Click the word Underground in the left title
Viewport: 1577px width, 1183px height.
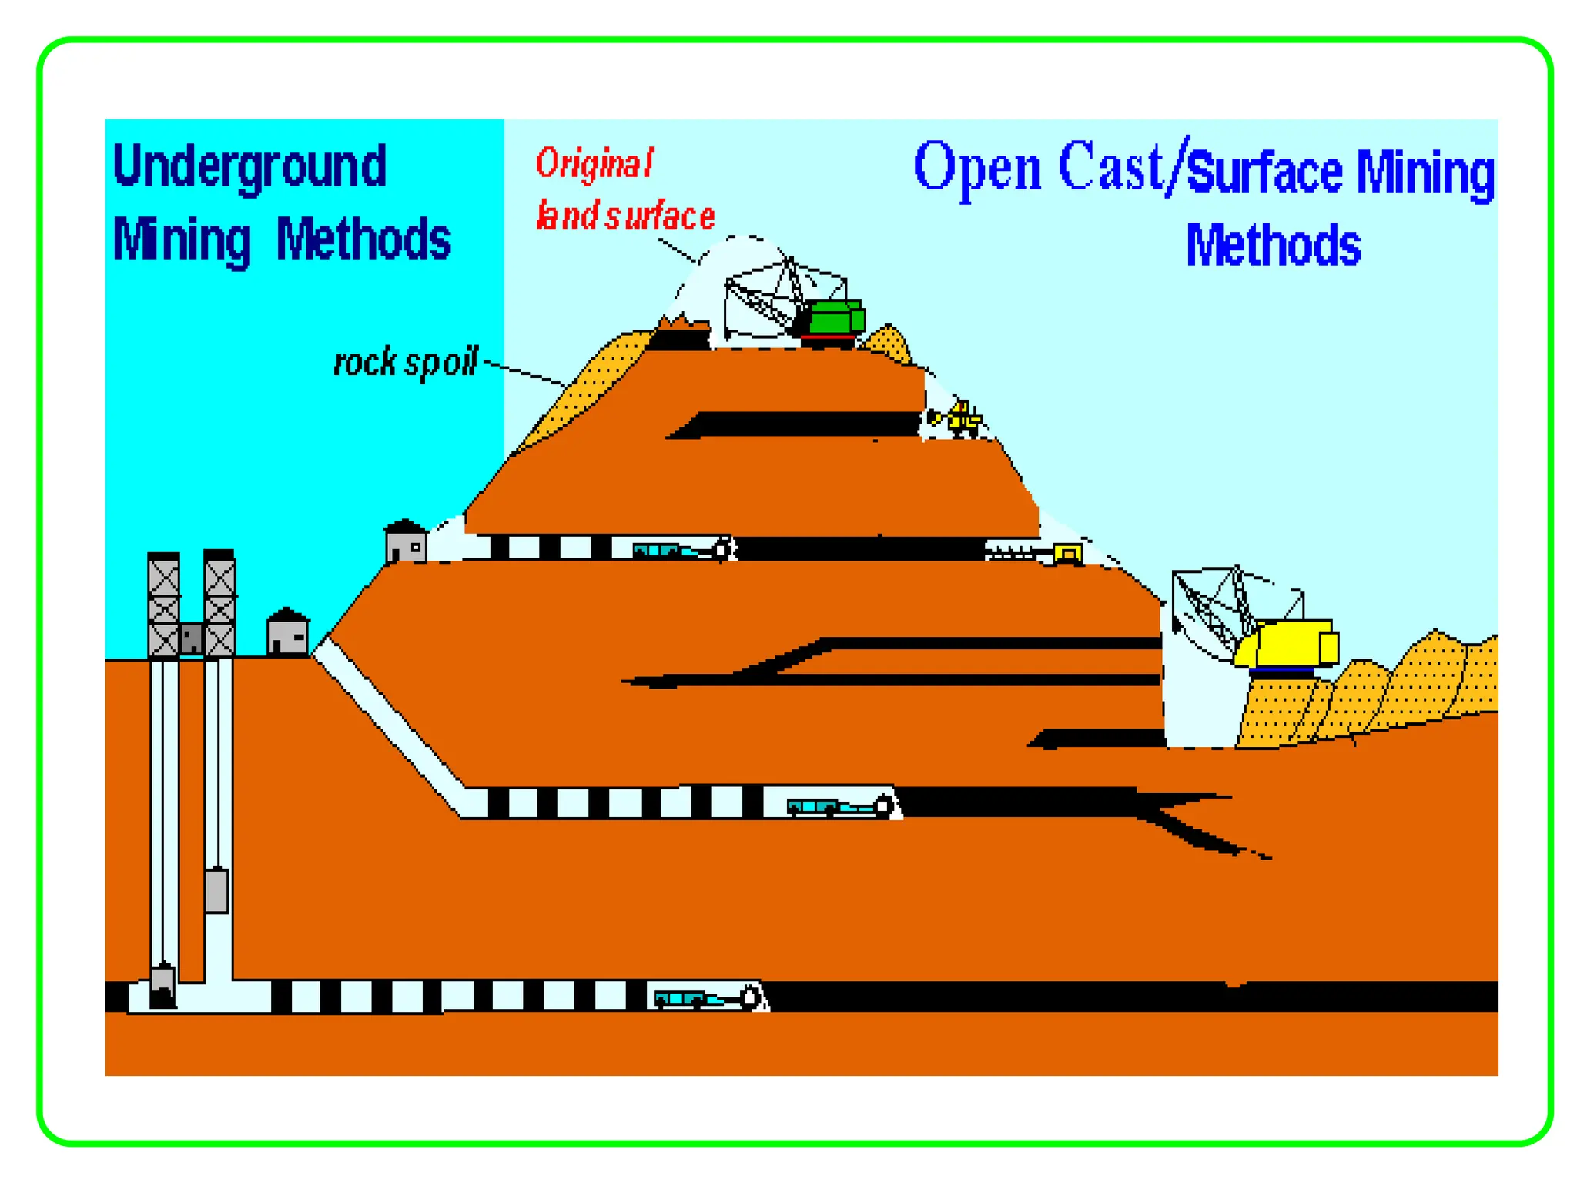pyautogui.click(x=249, y=167)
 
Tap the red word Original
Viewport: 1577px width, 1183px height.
pyautogui.click(x=594, y=163)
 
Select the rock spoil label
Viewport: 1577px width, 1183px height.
pyautogui.click(x=405, y=362)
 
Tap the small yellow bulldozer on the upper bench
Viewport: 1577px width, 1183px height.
pyautogui.click(x=962, y=418)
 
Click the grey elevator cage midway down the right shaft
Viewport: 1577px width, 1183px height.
pyautogui.click(x=216, y=890)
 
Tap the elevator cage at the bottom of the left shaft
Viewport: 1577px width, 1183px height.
pyautogui.click(x=162, y=986)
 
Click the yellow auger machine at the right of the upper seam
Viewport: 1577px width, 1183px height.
pyautogui.click(x=1066, y=553)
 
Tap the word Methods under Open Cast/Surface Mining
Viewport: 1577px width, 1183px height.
pyautogui.click(x=1273, y=246)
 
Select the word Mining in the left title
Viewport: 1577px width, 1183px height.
pyautogui.click(x=182, y=240)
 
